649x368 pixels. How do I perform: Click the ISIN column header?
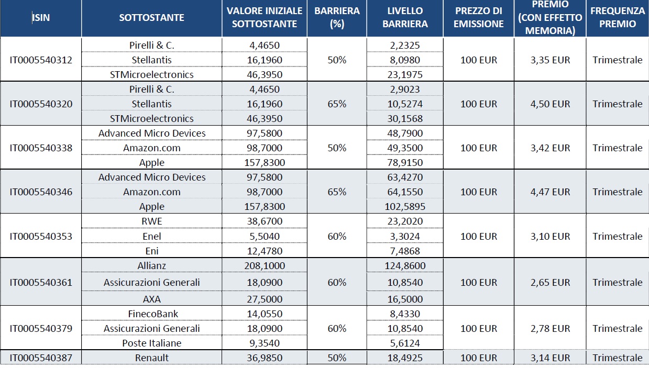point(41,18)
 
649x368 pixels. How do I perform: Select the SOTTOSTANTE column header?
point(151,18)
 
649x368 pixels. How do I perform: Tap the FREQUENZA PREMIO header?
point(618,17)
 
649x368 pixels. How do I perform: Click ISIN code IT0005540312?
point(41,60)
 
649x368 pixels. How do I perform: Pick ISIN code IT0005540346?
point(41,192)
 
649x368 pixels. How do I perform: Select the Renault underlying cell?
point(151,358)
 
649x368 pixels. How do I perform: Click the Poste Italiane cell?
point(151,343)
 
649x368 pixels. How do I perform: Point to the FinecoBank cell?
point(153,314)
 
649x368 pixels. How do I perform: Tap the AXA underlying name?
point(151,299)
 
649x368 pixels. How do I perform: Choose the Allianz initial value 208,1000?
point(265,266)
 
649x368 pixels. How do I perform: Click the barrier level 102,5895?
point(405,207)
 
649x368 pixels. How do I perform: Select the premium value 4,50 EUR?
point(550,104)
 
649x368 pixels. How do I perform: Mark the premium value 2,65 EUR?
point(550,282)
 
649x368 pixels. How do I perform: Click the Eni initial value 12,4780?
point(265,251)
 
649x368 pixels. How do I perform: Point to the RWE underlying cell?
point(151,221)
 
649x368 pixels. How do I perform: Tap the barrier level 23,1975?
point(405,75)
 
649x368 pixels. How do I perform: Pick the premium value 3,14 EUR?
point(550,358)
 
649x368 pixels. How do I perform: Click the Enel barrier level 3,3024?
point(405,237)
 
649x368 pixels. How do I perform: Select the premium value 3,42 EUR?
point(550,148)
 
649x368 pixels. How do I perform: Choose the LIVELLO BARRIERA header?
point(405,17)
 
